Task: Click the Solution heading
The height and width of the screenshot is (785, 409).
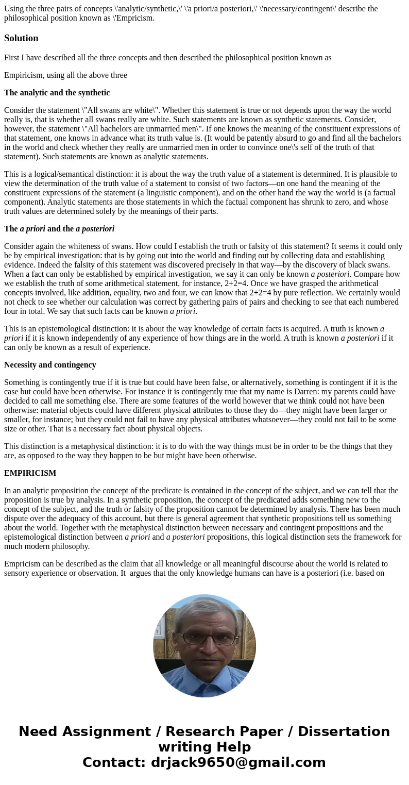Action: click(x=21, y=38)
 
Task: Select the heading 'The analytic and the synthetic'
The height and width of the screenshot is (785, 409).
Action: click(x=57, y=93)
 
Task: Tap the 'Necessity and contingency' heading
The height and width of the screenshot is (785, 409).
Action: click(x=50, y=365)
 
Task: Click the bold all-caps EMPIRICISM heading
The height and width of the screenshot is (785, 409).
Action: click(x=30, y=473)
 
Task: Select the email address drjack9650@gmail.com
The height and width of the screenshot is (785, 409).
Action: click(x=238, y=762)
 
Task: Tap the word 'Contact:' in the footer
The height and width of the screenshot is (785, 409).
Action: click(x=114, y=762)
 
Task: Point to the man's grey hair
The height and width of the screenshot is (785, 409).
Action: click(x=204, y=611)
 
